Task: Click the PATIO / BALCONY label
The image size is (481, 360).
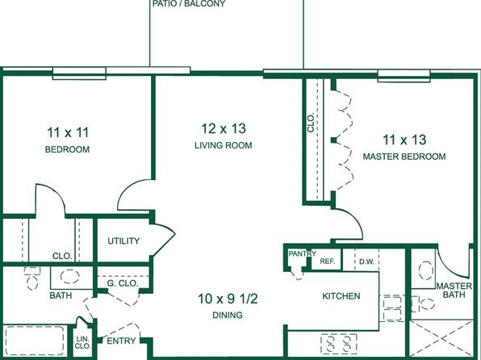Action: click(189, 4)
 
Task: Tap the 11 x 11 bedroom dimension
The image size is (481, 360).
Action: click(68, 132)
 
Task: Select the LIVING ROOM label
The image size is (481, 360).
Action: click(224, 145)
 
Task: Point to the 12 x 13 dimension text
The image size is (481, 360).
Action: click(224, 128)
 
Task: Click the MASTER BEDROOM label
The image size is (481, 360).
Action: click(404, 157)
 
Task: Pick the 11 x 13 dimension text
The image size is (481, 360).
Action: click(404, 140)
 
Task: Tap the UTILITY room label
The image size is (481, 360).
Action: click(123, 241)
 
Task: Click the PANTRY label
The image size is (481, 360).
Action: click(302, 253)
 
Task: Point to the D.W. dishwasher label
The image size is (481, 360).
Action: click(367, 262)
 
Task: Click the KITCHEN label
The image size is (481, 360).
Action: click(341, 296)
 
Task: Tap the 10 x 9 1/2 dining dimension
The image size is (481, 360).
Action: click(228, 299)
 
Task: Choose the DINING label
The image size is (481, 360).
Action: click(228, 315)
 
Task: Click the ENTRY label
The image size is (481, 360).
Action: click(121, 341)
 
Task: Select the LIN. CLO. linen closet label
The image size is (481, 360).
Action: click(83, 342)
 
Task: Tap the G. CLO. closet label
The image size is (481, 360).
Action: click(123, 283)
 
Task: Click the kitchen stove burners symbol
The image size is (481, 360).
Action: click(339, 344)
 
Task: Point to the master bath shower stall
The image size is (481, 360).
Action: click(441, 338)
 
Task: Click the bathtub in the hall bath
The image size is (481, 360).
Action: click(35, 341)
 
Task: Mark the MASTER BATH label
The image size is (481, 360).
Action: click(454, 291)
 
